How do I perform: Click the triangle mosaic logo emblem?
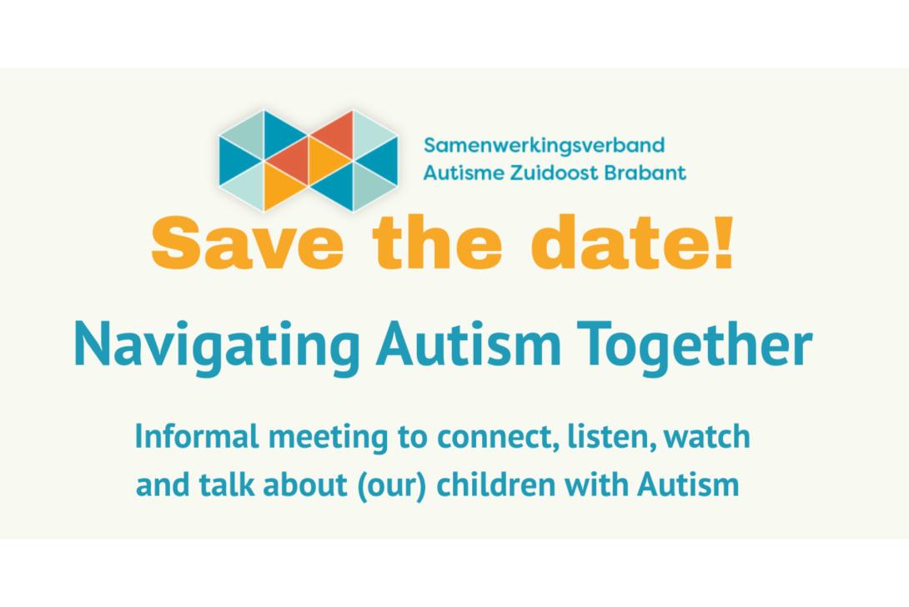click(x=309, y=160)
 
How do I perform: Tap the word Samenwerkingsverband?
click(x=544, y=146)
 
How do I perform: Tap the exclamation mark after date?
click(x=724, y=243)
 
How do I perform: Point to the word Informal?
click(x=197, y=437)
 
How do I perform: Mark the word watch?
click(x=707, y=437)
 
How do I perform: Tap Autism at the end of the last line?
click(x=688, y=484)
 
